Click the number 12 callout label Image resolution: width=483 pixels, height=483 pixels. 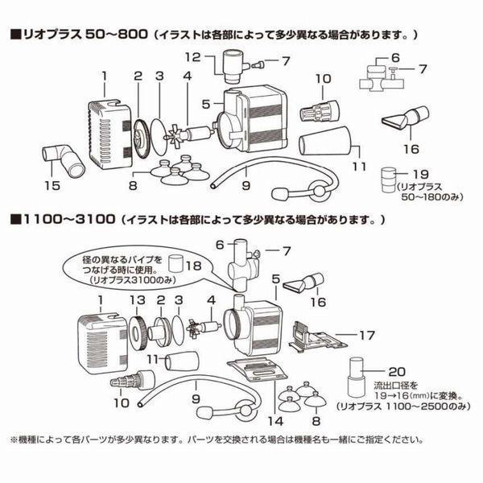coord(192,56)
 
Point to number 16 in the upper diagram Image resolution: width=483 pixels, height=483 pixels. coord(411,149)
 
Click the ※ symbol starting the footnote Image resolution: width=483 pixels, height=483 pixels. coord(14,440)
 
